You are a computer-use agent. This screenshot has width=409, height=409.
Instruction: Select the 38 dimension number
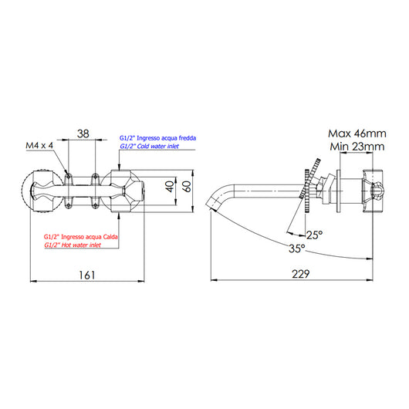click(x=84, y=134)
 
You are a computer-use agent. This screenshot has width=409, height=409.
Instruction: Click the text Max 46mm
click(x=356, y=133)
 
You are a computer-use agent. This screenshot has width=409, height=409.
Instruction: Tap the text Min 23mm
click(x=356, y=147)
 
